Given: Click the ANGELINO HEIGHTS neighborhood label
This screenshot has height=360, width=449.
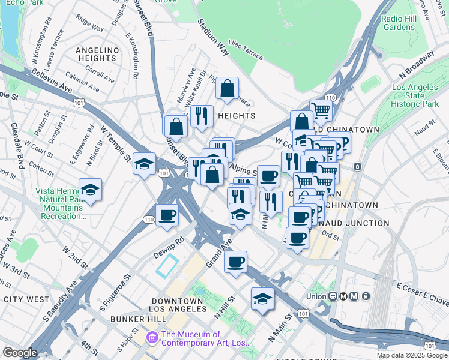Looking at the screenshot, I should click(96, 53).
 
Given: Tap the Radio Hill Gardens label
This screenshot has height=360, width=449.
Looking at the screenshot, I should click(399, 23).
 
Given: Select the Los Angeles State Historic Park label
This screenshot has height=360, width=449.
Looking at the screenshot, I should click(415, 95).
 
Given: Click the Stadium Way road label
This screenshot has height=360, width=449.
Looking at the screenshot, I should click(213, 39).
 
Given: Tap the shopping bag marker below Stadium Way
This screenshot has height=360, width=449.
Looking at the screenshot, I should click(228, 89).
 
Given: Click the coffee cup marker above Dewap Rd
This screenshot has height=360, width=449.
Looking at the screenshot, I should click(167, 215).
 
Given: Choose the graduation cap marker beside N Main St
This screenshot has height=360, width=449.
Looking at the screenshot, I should click(262, 299).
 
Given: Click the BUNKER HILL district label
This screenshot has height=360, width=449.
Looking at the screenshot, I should click(133, 319).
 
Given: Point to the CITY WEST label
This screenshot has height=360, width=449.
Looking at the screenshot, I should click(26, 299).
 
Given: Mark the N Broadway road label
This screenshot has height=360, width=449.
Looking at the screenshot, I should click(417, 64).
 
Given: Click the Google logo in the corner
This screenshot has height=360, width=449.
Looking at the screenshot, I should click(20, 353).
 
